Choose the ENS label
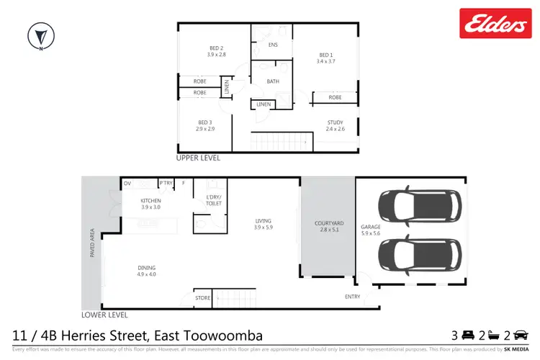pyautogui.click(x=273, y=45)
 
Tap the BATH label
pyautogui.click(x=273, y=81)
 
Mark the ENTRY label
pyautogui.click(x=353, y=297)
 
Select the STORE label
pyautogui.click(x=202, y=297)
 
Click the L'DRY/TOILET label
pyautogui.click(x=214, y=200)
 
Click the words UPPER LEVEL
pyautogui.click(x=199, y=158)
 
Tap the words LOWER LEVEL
pyautogui.click(x=105, y=315)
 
